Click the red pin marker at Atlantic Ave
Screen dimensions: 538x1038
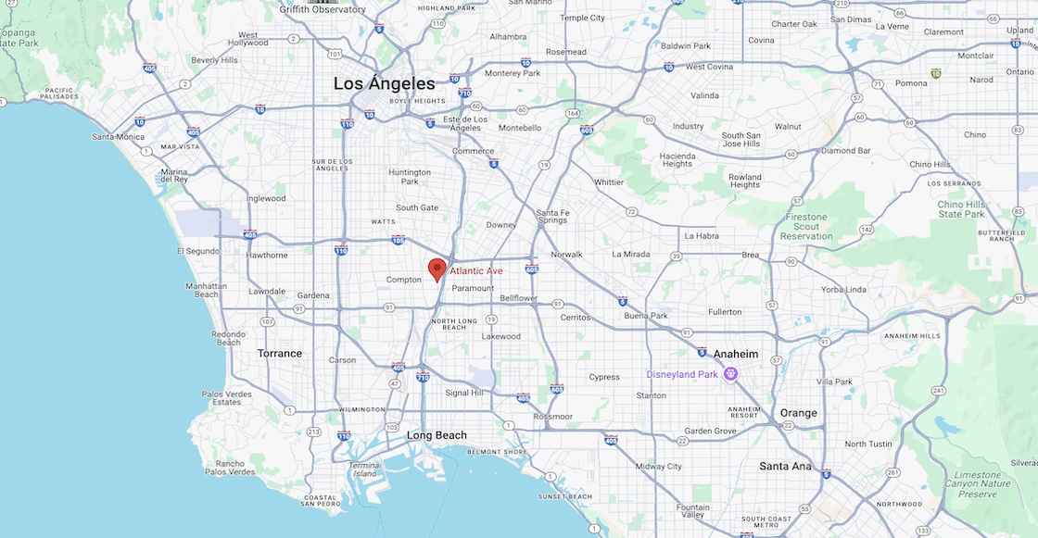coord(437,269)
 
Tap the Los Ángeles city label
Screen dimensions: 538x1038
coord(384,83)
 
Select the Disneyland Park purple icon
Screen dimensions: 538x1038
coord(730,374)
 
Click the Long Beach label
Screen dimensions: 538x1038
coord(437,435)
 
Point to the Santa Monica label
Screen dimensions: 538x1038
coord(118,137)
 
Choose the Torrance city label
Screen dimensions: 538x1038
coord(280,353)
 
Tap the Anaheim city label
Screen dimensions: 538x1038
coord(736,354)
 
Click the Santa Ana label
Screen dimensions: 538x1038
coord(785,466)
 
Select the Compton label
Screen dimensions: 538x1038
coord(404,280)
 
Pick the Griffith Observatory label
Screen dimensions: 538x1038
coord(323,10)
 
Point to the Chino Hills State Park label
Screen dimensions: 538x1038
coord(962,209)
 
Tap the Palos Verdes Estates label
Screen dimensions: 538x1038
coord(226,398)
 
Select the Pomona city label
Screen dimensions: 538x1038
coord(911,83)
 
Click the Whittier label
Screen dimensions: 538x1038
coord(609,182)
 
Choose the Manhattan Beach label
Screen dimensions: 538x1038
coord(206,290)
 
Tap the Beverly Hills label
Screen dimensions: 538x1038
coord(215,60)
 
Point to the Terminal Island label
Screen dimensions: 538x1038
coord(364,469)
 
